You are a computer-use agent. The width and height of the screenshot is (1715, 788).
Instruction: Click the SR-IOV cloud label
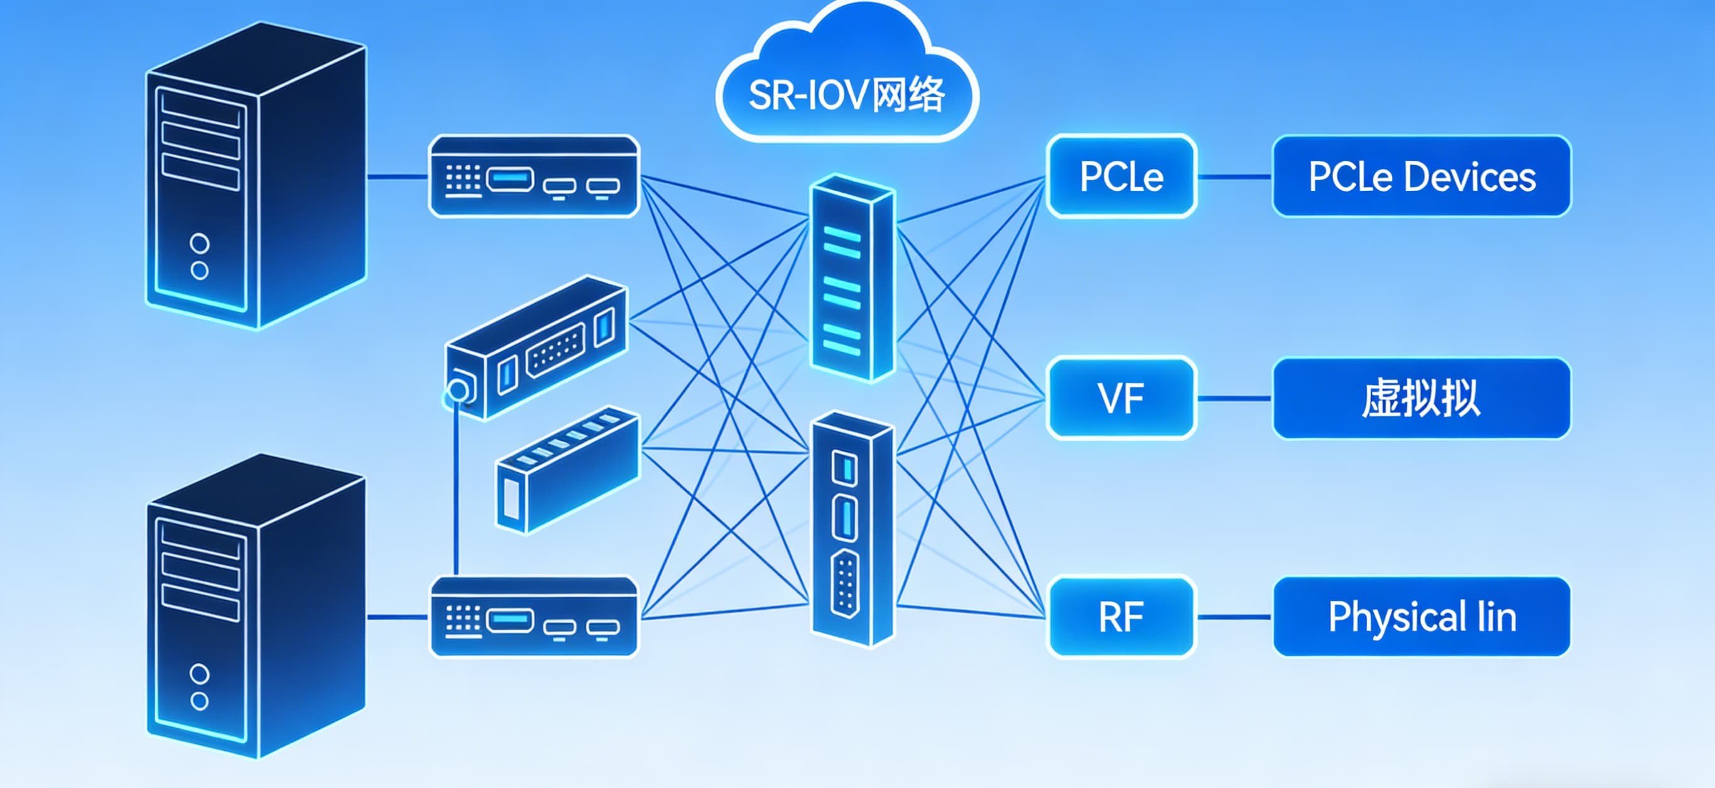click(846, 95)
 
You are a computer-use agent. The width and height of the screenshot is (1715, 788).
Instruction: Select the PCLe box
click(1121, 176)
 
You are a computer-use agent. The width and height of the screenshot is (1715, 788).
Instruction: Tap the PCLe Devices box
click(1422, 176)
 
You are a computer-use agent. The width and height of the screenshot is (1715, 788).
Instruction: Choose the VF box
click(1121, 398)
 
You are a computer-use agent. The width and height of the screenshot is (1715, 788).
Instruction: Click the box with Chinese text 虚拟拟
click(1422, 398)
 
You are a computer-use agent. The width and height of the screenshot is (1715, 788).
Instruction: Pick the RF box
click(1121, 617)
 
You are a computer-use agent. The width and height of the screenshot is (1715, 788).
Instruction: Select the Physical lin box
click(1422, 617)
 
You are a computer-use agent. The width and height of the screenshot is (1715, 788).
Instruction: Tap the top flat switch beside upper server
click(534, 176)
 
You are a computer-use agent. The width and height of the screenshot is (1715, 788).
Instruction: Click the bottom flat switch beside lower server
click(534, 617)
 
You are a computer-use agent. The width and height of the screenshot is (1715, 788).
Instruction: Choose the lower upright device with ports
click(852, 529)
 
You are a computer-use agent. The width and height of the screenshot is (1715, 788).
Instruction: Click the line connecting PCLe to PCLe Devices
click(1234, 177)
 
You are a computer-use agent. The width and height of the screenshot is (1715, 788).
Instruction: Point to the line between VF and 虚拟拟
click(1234, 399)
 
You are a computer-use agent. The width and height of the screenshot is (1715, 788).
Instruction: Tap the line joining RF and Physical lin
click(1234, 618)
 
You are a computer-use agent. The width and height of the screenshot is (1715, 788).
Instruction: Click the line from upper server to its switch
click(398, 177)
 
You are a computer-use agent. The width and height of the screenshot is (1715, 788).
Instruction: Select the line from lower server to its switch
click(398, 618)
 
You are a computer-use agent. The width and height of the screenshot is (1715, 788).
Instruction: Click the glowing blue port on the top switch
click(510, 179)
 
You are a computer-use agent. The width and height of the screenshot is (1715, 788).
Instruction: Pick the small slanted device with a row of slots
click(567, 469)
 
